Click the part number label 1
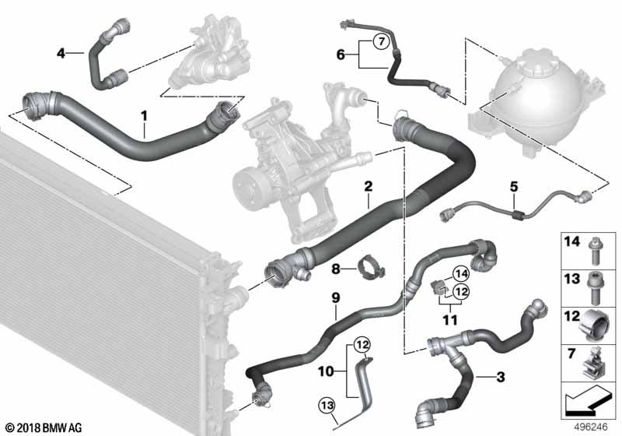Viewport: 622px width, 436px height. (x=144, y=116)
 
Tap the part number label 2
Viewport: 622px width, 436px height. (x=368, y=186)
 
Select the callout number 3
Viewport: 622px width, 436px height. (x=501, y=377)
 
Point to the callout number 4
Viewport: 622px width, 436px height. (x=61, y=53)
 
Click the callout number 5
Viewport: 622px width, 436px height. (x=514, y=186)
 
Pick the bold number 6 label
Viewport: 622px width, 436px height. (x=341, y=54)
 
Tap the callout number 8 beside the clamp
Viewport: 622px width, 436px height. (x=336, y=269)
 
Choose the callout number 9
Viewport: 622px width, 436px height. (x=336, y=298)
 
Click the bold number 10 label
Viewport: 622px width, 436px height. (x=326, y=371)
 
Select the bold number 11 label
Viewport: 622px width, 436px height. (x=450, y=320)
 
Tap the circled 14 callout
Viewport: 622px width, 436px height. (x=461, y=273)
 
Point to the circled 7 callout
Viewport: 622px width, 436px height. (x=381, y=41)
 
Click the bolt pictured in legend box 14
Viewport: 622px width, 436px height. (x=594, y=251)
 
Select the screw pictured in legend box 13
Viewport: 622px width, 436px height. (x=594, y=288)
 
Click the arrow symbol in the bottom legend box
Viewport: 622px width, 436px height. (x=588, y=400)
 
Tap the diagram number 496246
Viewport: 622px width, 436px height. (x=591, y=427)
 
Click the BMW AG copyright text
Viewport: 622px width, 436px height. (x=44, y=428)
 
